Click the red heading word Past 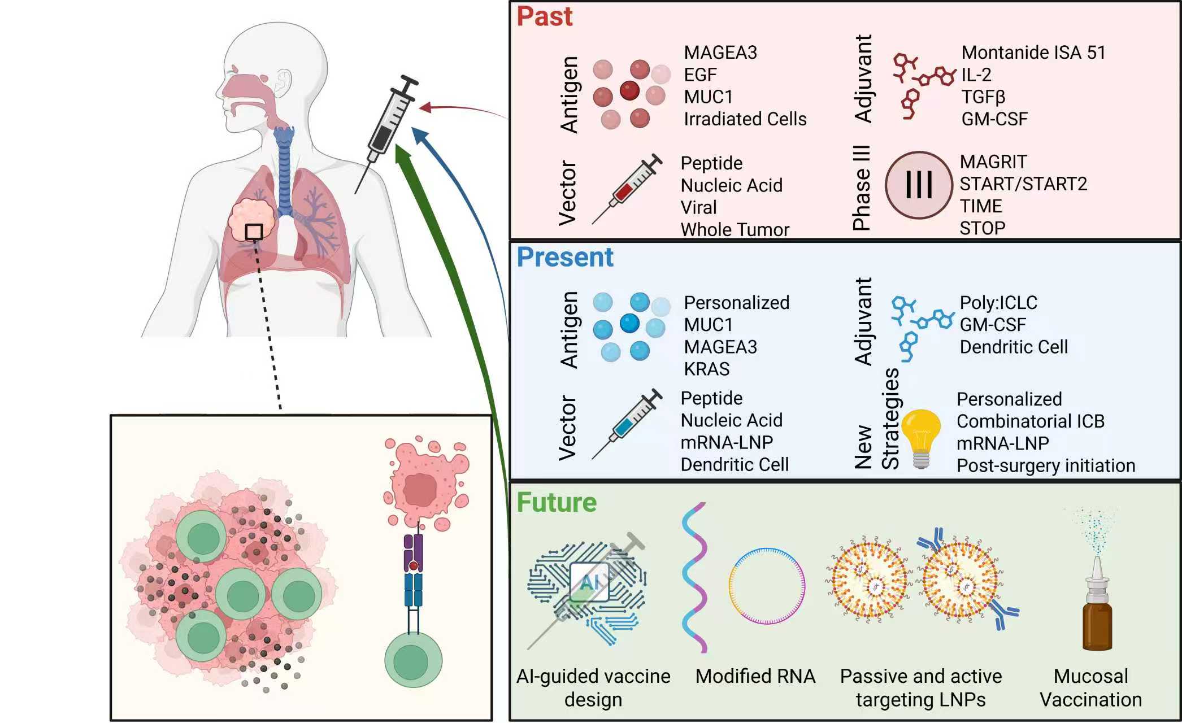pos(544,16)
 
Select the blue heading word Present pos(564,257)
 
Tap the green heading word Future pos(557,502)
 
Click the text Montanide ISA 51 pos(1033,53)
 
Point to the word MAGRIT pos(993,162)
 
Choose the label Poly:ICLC pos(998,303)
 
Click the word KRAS pos(706,369)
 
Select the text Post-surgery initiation pos(1045,465)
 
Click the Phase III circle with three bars pos(919,185)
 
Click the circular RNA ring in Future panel pos(767,586)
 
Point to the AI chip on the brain pos(589,582)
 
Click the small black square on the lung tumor pos(254,232)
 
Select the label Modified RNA pos(755,676)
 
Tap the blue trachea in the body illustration pos(284,169)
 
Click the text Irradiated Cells pos(745,119)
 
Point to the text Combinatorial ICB pos(1030,421)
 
